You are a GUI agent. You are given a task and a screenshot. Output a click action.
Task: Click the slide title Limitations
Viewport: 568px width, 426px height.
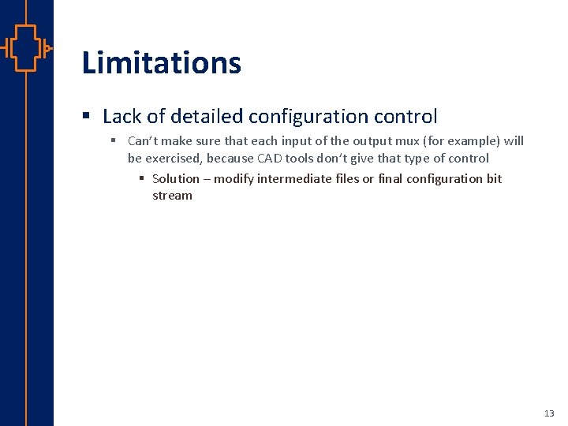(162, 63)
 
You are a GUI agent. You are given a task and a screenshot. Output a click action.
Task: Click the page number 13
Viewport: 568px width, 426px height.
(549, 413)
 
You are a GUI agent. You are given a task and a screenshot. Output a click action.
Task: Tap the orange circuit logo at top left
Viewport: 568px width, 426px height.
(26, 48)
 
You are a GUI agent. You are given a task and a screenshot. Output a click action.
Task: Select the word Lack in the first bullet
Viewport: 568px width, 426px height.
(122, 117)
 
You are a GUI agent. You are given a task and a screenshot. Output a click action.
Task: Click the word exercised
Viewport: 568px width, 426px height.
(174, 159)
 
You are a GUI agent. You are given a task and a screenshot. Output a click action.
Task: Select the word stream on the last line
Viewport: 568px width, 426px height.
(172, 196)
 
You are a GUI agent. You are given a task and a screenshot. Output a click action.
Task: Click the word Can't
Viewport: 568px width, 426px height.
(144, 141)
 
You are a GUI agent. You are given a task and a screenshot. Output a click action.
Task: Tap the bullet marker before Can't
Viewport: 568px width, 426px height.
(114, 141)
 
